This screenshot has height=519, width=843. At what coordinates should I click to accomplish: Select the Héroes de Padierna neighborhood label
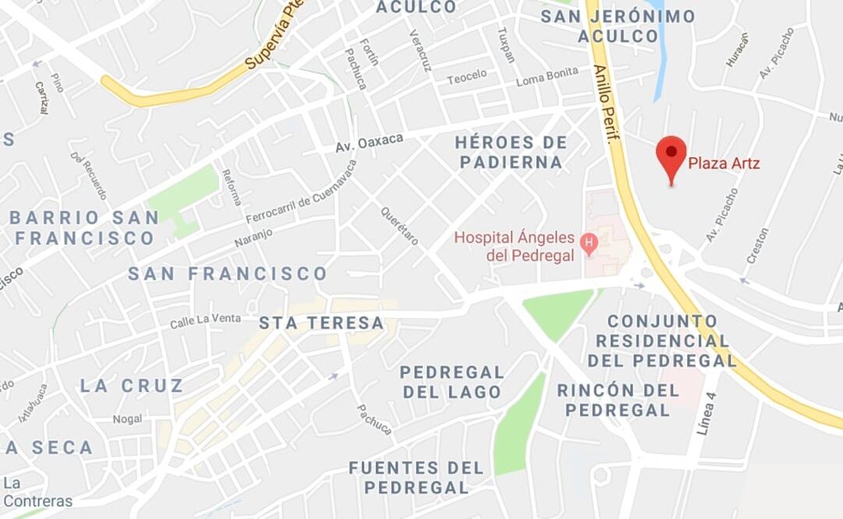[x=511, y=152]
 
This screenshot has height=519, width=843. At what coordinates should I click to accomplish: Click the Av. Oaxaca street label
[x=369, y=143]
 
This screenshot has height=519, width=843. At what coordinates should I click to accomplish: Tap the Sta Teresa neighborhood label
[x=321, y=323]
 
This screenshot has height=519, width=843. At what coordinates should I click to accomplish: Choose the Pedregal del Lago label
[x=452, y=382]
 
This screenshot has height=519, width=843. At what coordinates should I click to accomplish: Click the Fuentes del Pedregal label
[x=416, y=477]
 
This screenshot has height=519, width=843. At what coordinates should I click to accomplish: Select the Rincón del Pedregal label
[x=618, y=400]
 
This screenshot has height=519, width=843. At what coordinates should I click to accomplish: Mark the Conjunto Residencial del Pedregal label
[x=662, y=341]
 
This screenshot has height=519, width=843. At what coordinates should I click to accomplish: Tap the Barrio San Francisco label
[x=84, y=228]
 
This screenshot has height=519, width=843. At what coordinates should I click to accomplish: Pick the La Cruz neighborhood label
[x=132, y=385]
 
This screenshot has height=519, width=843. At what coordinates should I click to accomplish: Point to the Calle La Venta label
[x=205, y=320]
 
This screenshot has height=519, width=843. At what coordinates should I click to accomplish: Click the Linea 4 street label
[x=707, y=412]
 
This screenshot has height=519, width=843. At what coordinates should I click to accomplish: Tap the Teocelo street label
[x=466, y=76]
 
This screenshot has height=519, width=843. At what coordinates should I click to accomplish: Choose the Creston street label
[x=757, y=245]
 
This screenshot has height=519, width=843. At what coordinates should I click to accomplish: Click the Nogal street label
[x=127, y=418]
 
